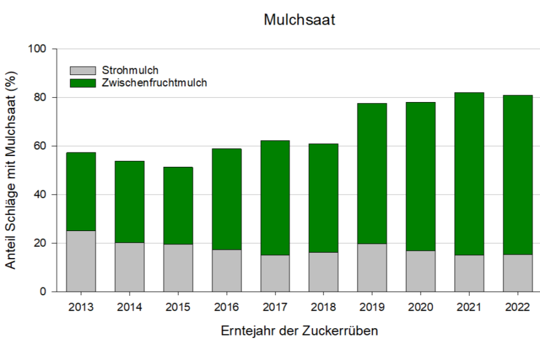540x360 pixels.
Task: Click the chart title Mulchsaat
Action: pos(299,20)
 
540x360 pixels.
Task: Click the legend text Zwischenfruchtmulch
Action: pos(155,83)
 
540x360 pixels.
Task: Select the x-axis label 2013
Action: pos(80,307)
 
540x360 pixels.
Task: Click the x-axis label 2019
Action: pos(372,307)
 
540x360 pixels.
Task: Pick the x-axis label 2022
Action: pos(517,307)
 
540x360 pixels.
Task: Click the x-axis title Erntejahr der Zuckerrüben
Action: pos(299,331)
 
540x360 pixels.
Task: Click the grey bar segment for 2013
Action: pos(80,261)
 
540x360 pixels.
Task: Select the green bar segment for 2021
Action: pos(469,174)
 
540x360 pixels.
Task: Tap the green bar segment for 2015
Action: pos(178,206)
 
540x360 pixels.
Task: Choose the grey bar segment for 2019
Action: pos(372,268)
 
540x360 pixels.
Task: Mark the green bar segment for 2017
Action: pos(275,198)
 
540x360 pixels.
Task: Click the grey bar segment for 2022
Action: pos(517,273)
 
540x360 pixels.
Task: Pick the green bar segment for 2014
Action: pos(129,202)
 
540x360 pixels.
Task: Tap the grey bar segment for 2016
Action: pos(226,271)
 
